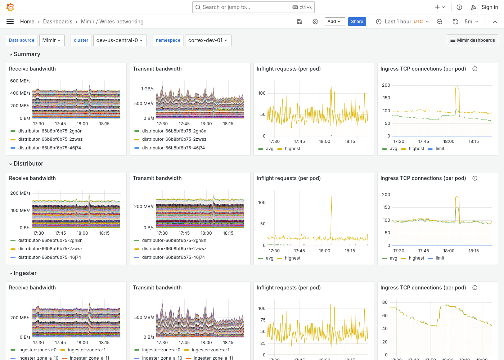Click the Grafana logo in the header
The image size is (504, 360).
(x=10, y=7)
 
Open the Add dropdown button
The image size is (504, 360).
(x=334, y=22)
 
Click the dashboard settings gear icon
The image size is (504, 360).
(x=315, y=22)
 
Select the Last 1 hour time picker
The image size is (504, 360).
(x=402, y=22)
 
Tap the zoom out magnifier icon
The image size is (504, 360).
(x=440, y=22)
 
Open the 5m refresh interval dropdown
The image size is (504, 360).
(x=471, y=22)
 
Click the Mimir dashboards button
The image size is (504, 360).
(x=472, y=40)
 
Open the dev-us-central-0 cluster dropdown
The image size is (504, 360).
(x=119, y=40)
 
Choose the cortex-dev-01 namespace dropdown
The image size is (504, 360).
(x=208, y=40)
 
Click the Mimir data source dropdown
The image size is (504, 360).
(x=51, y=40)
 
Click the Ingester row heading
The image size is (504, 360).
(x=25, y=273)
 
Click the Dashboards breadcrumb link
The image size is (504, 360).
(x=58, y=22)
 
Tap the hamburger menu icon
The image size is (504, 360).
(x=10, y=22)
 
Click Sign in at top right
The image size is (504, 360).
(x=490, y=7)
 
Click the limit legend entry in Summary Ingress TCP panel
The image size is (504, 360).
(x=440, y=149)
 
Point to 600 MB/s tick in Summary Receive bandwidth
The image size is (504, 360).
(x=20, y=81)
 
